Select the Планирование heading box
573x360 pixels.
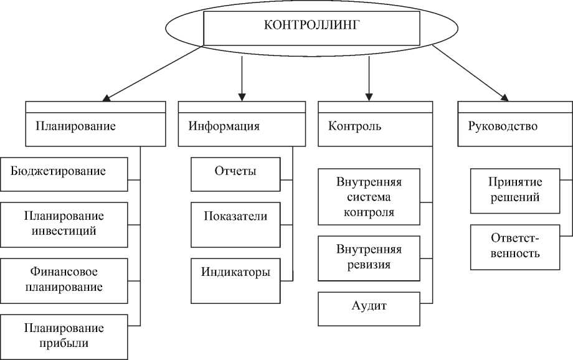point(95,125)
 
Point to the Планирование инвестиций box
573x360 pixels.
point(65,224)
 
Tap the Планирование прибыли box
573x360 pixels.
point(65,334)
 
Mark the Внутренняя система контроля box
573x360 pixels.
point(369,196)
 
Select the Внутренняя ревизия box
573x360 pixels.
point(369,257)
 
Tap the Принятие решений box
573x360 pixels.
point(514,190)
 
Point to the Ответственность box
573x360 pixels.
point(514,247)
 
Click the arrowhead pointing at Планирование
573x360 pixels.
point(107,97)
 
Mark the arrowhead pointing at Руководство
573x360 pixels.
point(504,97)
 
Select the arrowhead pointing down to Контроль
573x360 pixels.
point(369,97)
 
